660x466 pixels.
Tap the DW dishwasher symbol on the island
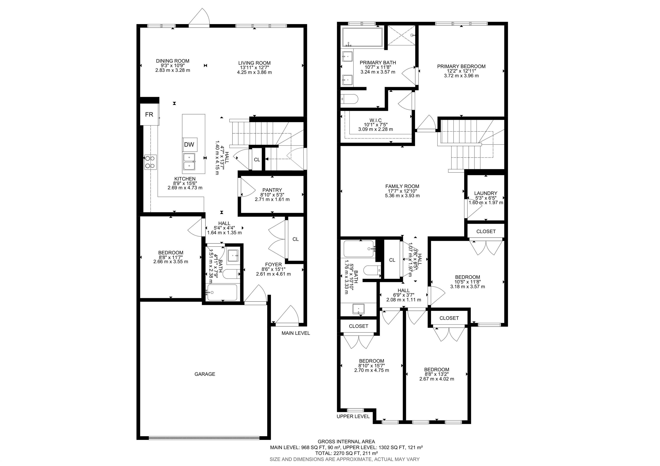tap(189, 145)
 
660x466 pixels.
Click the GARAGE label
tap(205, 374)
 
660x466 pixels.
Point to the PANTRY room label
tap(272, 190)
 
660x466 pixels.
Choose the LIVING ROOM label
tap(254, 63)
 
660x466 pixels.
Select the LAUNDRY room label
tap(486, 193)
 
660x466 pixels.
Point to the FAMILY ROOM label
tap(402, 186)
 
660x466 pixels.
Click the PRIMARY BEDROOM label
tap(461, 66)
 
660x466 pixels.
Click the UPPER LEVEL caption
tap(353, 417)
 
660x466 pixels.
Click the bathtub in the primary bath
tap(362, 38)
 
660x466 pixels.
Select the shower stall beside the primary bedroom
tap(402, 35)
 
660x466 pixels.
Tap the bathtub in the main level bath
tap(222, 292)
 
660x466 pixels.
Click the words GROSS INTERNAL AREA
tap(346, 442)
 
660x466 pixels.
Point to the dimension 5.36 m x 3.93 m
tap(402, 196)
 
